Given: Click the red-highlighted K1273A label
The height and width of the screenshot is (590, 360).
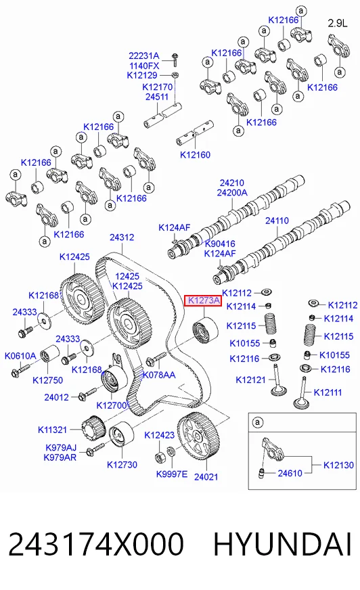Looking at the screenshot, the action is [203, 300].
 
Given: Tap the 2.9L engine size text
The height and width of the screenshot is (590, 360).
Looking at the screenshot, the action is [338, 23].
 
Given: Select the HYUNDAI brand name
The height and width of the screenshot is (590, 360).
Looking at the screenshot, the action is [282, 544].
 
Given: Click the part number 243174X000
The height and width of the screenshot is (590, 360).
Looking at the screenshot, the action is [96, 544].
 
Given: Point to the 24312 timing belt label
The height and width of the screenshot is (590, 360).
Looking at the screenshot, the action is [122, 237].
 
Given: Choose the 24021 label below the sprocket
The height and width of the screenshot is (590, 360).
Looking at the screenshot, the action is [206, 477].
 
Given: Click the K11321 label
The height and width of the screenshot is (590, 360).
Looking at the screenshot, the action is [52, 430].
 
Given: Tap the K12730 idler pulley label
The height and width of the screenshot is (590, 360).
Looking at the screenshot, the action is [122, 465].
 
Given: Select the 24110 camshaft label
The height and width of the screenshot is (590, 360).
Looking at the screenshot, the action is [277, 221].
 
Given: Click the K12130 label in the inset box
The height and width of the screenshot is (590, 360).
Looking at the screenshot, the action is [338, 465].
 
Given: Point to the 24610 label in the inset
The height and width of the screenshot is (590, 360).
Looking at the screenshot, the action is [290, 473].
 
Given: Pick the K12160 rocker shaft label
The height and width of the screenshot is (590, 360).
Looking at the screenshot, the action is [196, 155].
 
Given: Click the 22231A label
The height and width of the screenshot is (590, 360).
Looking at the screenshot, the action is [144, 56].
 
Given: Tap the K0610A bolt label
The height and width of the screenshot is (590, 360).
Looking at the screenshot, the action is [20, 356].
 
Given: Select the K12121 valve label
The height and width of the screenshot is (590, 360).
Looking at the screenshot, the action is [250, 380].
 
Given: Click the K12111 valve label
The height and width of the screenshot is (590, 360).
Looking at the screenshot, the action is [328, 392].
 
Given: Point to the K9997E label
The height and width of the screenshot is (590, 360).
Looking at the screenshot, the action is [171, 474].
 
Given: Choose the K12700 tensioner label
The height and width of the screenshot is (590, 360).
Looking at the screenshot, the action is [112, 405].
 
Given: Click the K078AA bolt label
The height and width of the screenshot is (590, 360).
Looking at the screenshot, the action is [159, 375].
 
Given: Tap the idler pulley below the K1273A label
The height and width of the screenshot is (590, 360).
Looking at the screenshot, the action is [205, 330].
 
